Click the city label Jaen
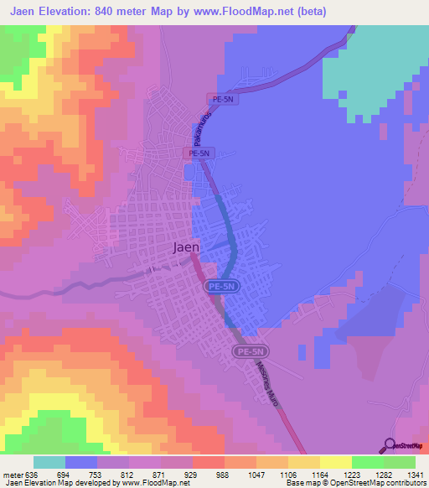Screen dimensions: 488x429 tap(186, 247)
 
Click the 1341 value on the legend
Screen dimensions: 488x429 tap(415, 474)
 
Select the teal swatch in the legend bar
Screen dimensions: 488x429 tap(49, 462)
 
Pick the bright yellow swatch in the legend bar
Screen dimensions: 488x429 tap(335, 462)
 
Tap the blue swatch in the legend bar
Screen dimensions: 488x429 tap(81, 462)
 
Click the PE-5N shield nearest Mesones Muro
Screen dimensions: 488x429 tap(251, 352)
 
